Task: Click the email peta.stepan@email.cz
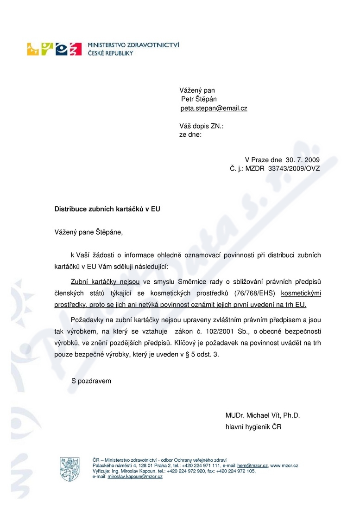[x=214, y=108]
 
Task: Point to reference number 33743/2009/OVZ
[x=294, y=168]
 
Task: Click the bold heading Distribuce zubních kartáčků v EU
[x=107, y=209]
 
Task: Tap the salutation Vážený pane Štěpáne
[x=89, y=232]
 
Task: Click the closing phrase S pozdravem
[x=91, y=381]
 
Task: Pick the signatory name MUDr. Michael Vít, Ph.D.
[x=263, y=415]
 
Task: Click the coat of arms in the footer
[x=69, y=469]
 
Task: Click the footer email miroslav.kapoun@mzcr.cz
[x=135, y=477]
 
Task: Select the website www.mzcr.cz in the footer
[x=284, y=465]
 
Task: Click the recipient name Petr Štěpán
[x=199, y=99]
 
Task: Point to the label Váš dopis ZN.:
[x=202, y=126]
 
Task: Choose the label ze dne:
[x=190, y=134]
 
